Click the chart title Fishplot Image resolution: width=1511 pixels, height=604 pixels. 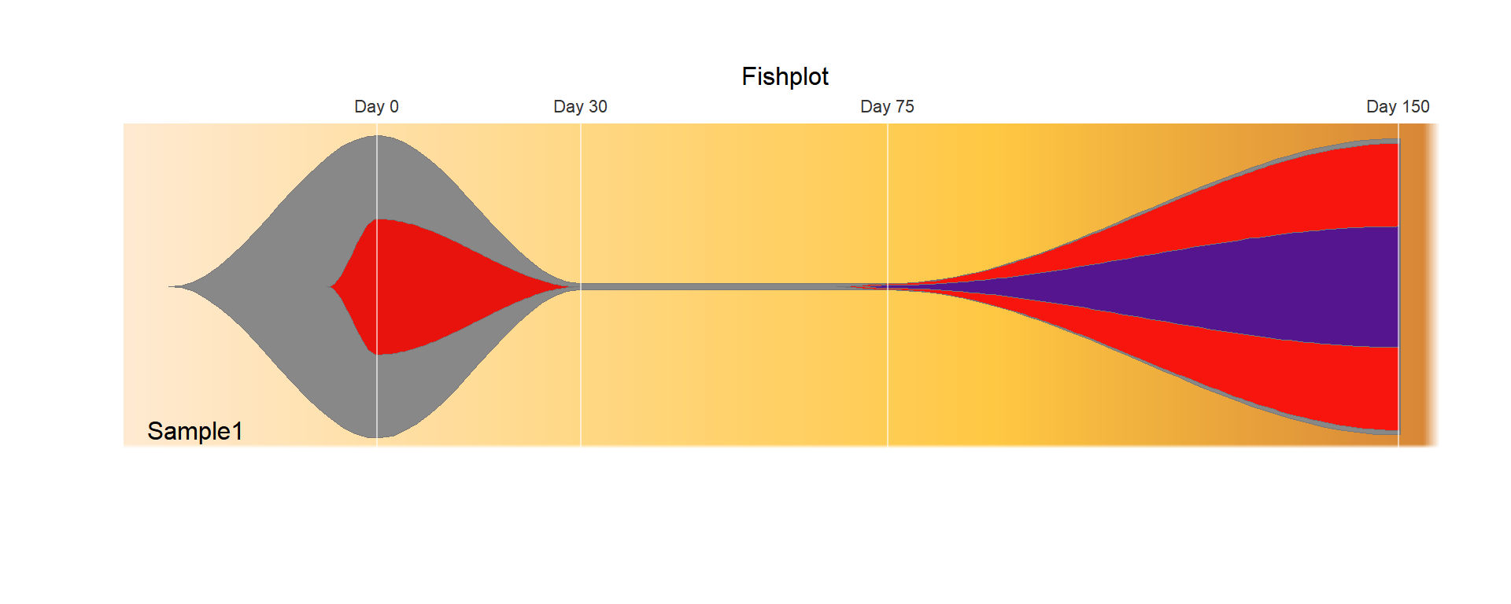pyautogui.click(x=785, y=76)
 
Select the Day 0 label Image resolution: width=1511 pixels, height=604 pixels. pyautogui.click(x=376, y=106)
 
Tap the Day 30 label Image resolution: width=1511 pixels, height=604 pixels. pyautogui.click(x=580, y=106)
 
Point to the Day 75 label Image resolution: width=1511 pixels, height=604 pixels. pyautogui.click(x=887, y=106)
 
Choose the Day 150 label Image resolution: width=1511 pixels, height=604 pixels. pyautogui.click(x=1398, y=106)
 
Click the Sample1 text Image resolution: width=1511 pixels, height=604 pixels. pyautogui.click(x=195, y=431)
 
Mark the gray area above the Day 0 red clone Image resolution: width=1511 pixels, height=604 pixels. pyautogui.click(x=376, y=177)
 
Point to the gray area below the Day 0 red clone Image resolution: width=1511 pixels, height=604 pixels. pyautogui.click(x=376, y=397)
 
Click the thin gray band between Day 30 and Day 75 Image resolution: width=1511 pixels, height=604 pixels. pyautogui.click(x=732, y=287)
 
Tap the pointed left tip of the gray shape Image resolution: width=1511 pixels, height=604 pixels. pyautogui.click(x=169, y=287)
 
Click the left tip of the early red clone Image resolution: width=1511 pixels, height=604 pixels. pyautogui.click(x=330, y=287)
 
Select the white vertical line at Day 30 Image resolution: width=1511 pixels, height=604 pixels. pyautogui.click(x=581, y=285)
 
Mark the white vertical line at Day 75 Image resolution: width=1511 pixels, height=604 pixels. pyautogui.click(x=888, y=285)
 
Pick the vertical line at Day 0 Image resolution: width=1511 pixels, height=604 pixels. pyautogui.click(x=377, y=285)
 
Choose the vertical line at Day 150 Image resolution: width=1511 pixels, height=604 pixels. pyautogui.click(x=1398, y=285)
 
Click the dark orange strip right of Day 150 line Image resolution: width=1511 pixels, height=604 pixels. pyautogui.click(x=1417, y=285)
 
